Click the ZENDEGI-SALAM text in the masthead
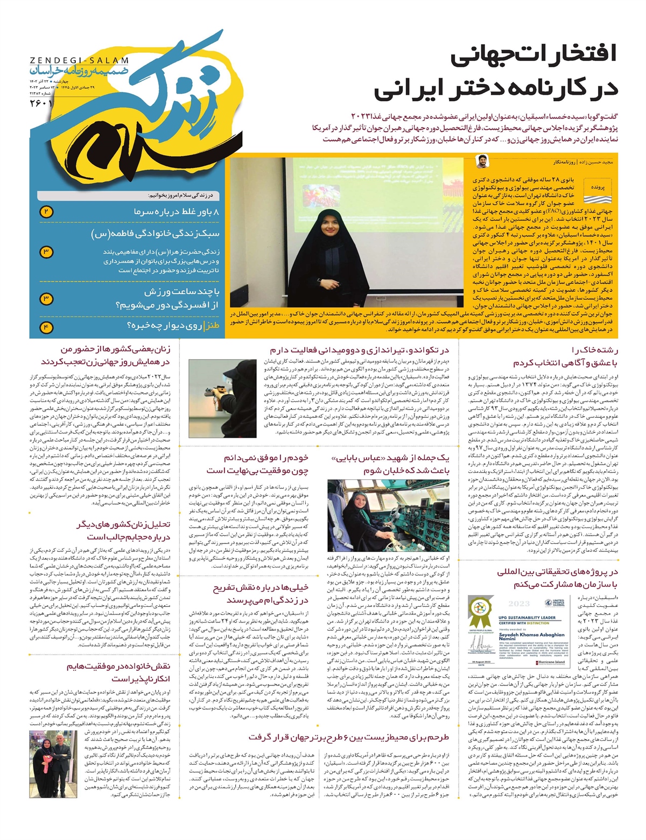click(x=79, y=60)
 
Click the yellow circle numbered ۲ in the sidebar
click(x=46, y=212)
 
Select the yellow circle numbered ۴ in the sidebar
click(x=46, y=326)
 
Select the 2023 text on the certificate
click(x=519, y=603)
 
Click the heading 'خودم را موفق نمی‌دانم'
click(x=266, y=458)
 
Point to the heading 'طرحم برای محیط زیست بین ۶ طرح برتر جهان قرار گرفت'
click(x=348, y=737)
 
